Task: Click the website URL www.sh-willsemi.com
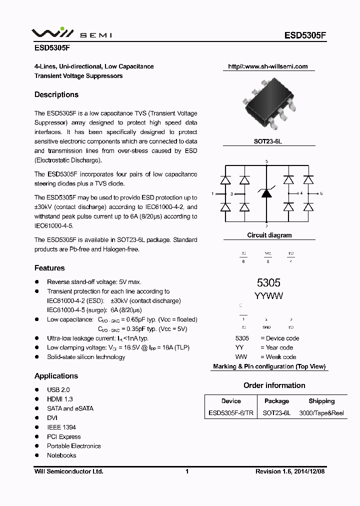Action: [x=267, y=66]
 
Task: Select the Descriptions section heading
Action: [x=56, y=94]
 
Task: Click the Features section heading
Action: [x=49, y=268]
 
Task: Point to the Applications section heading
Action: [x=56, y=376]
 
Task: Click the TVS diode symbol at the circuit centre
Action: [x=266, y=193]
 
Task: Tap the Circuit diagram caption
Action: [x=269, y=235]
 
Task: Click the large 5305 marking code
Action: [x=268, y=282]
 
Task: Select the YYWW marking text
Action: [x=268, y=296]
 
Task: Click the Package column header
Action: [x=276, y=401]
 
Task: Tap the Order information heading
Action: [x=274, y=385]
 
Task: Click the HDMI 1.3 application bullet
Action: [x=59, y=399]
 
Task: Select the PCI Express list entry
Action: [x=63, y=436]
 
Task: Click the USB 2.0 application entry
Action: [x=58, y=389]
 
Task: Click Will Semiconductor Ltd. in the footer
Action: [x=68, y=471]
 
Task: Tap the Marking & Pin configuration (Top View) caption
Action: [x=269, y=366]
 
